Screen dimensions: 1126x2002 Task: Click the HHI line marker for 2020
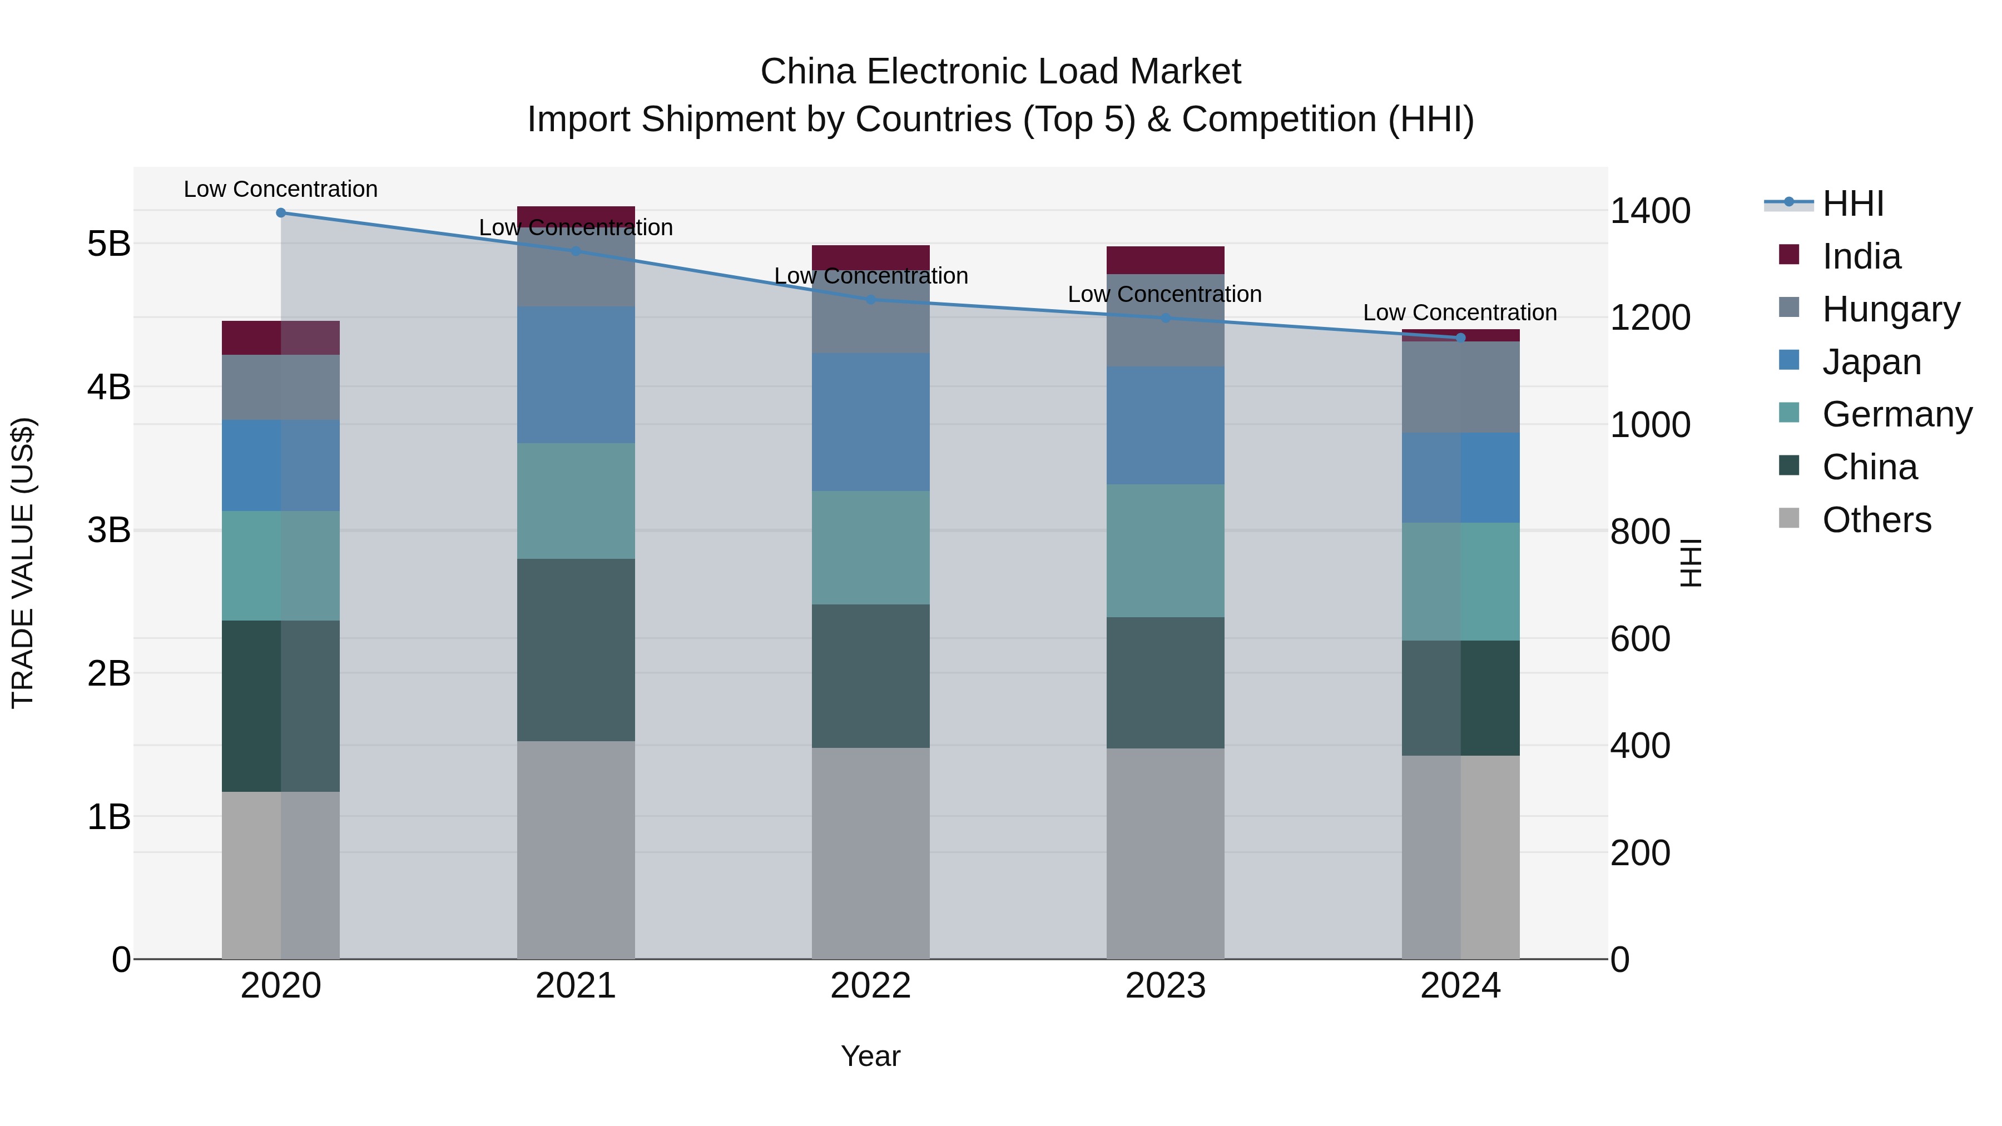[281, 213]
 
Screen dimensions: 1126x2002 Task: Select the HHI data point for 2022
[870, 299]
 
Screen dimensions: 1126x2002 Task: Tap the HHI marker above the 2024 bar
[1460, 338]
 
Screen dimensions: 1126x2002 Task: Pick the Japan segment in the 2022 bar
[870, 422]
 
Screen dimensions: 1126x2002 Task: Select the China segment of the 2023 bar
[1165, 682]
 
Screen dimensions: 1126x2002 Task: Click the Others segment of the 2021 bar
[576, 849]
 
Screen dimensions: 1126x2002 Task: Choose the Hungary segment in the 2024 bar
[1460, 387]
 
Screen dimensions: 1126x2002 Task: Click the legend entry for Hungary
[1890, 309]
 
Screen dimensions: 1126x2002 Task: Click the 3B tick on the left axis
[109, 531]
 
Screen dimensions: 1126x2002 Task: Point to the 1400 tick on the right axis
[1650, 211]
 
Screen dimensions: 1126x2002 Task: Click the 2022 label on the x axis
[870, 986]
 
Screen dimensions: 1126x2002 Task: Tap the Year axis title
[870, 1056]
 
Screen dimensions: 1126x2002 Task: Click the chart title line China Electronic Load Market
[1000, 72]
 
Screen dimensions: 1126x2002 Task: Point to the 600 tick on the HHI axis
[1640, 639]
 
